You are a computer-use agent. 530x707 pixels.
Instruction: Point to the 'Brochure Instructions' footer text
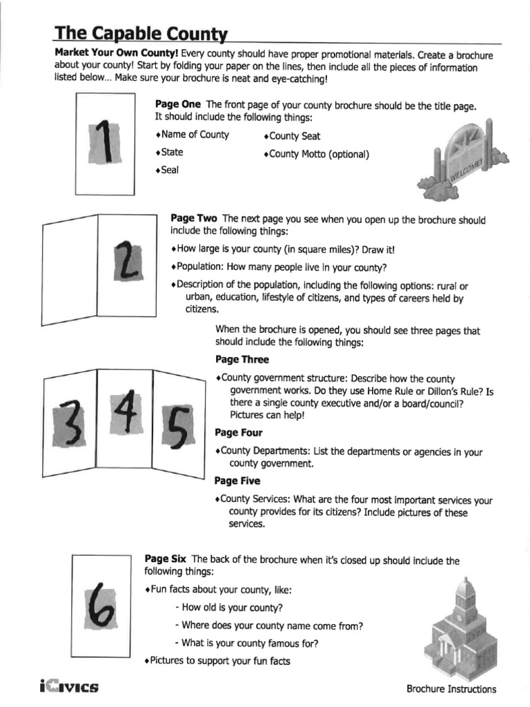click(451, 688)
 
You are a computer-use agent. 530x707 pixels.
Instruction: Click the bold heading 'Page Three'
click(242, 360)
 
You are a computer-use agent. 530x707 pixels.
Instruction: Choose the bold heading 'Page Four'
click(238, 433)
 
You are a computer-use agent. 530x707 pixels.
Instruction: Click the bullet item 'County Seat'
click(293, 137)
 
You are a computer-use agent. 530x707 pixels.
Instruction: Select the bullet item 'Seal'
click(167, 170)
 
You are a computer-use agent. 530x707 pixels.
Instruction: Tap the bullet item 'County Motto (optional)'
click(317, 155)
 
